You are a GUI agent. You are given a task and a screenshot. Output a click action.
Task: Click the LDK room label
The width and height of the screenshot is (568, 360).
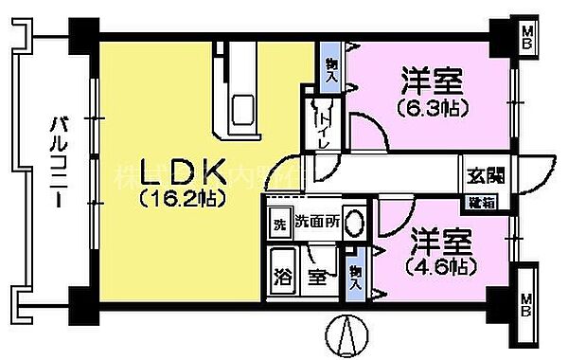coord(184,172)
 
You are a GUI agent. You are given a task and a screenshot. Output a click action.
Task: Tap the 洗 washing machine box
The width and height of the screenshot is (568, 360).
coord(278,225)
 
